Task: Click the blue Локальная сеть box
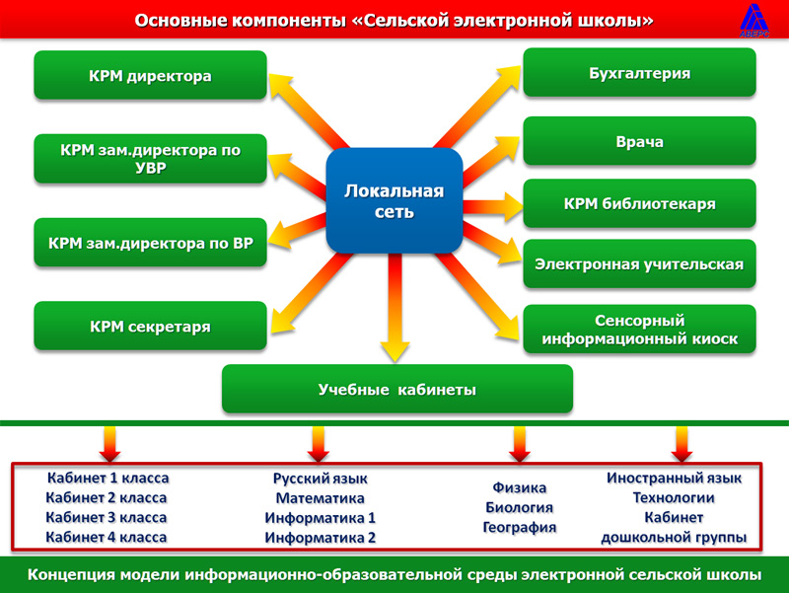[x=394, y=200]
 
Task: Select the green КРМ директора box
[x=150, y=75]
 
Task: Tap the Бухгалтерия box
[x=639, y=72]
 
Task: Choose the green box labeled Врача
[x=639, y=141]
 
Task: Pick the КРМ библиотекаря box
[x=639, y=203]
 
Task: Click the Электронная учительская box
[x=639, y=263]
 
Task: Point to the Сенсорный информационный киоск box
[x=639, y=329]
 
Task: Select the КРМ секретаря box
[x=150, y=326]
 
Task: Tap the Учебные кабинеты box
[x=397, y=389]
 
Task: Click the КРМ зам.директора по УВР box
[x=150, y=159]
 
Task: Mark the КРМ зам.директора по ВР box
[x=150, y=242]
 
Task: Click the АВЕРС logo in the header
[x=754, y=20]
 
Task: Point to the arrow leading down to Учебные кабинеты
[x=395, y=307]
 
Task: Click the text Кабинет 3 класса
[x=107, y=517]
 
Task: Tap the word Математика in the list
[x=320, y=498]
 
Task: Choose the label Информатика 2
[x=320, y=538]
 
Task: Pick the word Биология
[x=520, y=507]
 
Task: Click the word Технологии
[x=674, y=498]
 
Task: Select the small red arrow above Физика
[x=520, y=444]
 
